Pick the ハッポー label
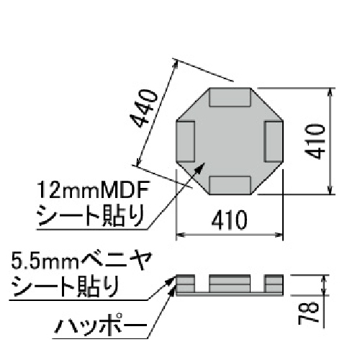[101, 328]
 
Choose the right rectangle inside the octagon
[274, 140]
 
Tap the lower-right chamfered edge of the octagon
[269, 178]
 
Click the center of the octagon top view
[230, 141]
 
